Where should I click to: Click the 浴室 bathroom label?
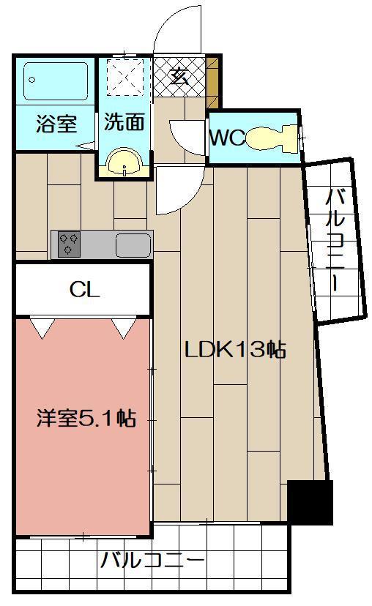pos(56,123)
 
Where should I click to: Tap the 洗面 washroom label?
pos(124,122)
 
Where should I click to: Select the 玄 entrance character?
pos(179,77)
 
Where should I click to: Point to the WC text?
pos(227,138)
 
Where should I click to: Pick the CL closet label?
pos(84,290)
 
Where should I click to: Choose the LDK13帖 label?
pos(234,349)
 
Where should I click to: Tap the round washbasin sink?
pos(124,162)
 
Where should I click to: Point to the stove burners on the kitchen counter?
pos(70,244)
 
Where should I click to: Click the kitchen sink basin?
pos(133,244)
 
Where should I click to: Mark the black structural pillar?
pos(310,501)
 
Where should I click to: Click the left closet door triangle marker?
pos(43,328)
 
